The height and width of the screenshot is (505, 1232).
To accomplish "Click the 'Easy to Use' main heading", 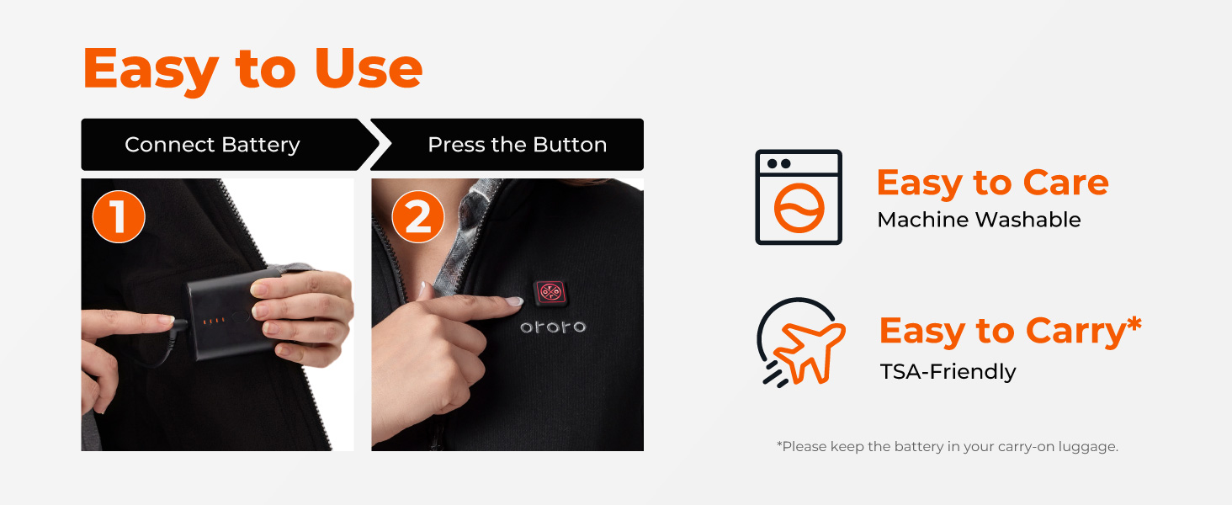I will [x=252, y=69].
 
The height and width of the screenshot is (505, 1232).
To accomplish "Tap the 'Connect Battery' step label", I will [x=212, y=145].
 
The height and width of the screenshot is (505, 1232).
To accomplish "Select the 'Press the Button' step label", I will [x=517, y=145].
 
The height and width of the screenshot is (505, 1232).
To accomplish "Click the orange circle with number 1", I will [x=119, y=216].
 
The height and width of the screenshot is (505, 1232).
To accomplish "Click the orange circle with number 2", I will [x=418, y=216].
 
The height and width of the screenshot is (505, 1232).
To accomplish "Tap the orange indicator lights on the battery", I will [x=216, y=321].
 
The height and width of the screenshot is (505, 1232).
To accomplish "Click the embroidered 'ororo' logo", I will [x=552, y=327].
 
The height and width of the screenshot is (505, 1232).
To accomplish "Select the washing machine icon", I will [x=799, y=198].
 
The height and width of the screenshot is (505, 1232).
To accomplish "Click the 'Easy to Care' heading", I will [x=992, y=183].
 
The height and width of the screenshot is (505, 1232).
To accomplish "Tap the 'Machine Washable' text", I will [x=979, y=220].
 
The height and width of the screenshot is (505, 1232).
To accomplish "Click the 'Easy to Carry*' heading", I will [x=1001, y=332].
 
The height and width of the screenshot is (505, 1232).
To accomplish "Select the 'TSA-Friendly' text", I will [x=948, y=371].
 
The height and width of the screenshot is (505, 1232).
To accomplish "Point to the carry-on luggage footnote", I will [x=947, y=446].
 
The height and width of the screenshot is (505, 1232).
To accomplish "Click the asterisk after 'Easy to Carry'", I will [x=1134, y=323].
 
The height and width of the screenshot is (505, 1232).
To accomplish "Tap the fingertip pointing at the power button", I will [x=512, y=300].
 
